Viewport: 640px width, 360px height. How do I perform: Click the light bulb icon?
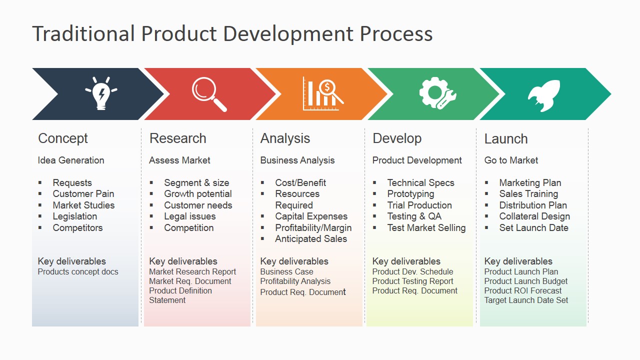coord(101,93)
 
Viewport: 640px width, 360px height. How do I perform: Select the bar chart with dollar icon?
coord(322,93)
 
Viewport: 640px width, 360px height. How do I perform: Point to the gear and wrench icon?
coord(437,93)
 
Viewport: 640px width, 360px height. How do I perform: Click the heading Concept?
coord(63,138)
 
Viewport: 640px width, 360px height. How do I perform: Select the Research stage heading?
coord(177,138)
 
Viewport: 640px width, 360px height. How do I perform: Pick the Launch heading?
coord(506,139)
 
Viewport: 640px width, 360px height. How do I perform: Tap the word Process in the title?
coord(396,34)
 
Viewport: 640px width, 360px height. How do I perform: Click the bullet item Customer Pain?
coord(83,194)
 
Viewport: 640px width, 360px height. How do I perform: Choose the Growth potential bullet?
coord(198,194)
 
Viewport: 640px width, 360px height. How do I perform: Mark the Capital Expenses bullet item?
coord(311,216)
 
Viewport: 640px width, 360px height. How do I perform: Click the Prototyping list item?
coord(410,194)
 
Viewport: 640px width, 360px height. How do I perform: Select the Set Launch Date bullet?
coord(533,228)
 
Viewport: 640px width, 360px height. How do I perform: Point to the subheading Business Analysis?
coord(297,160)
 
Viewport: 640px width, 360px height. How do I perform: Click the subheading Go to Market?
coord(511,160)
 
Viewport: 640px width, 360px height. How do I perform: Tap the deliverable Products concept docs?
coord(78,272)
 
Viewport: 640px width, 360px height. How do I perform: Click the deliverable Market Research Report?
coord(192,272)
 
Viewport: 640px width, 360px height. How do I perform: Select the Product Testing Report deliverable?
coord(412,281)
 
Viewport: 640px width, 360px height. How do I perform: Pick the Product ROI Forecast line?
coord(523,291)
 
